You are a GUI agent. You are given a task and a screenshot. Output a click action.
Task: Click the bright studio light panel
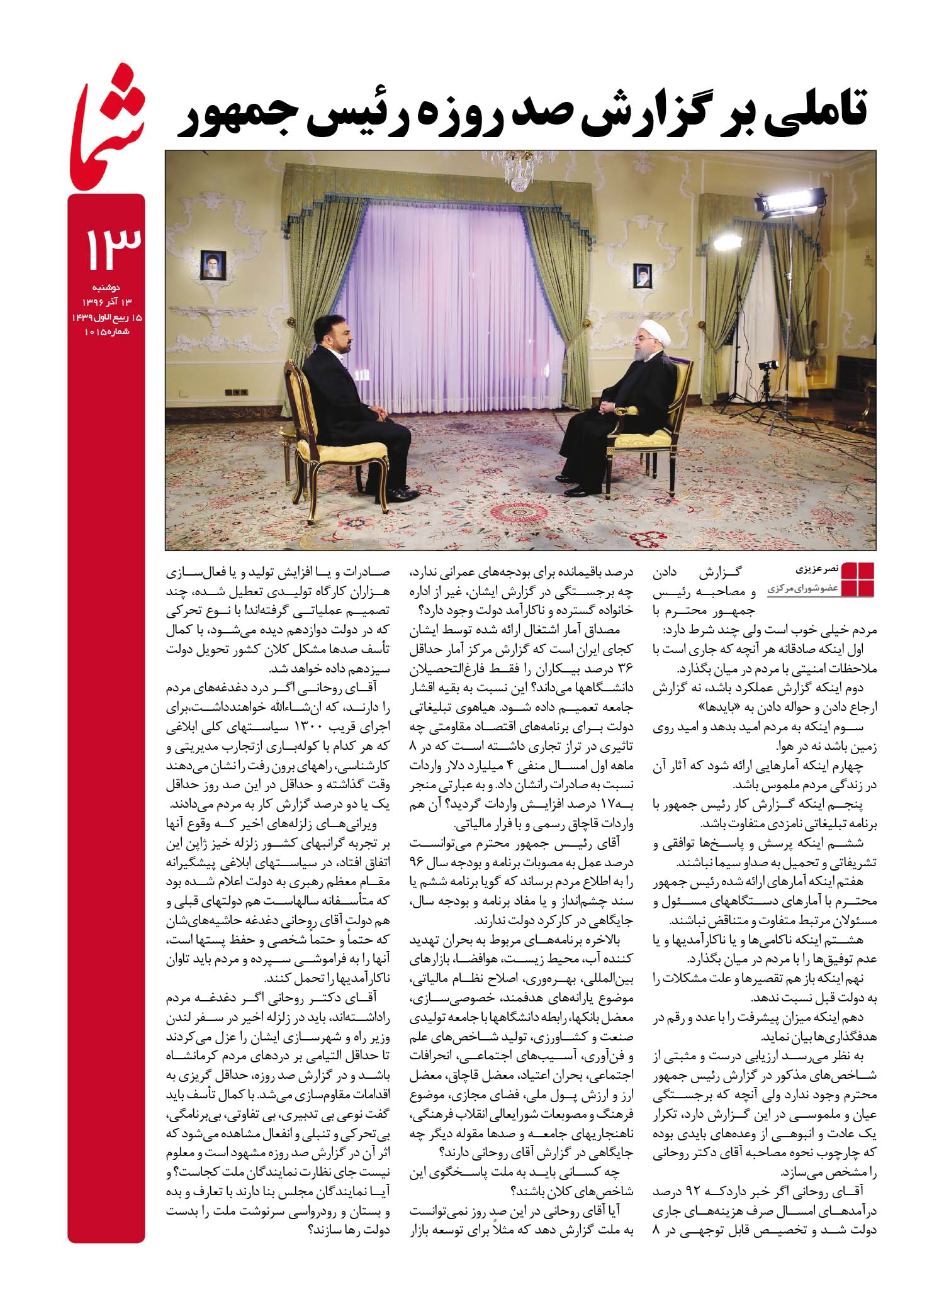[x=775, y=204]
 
